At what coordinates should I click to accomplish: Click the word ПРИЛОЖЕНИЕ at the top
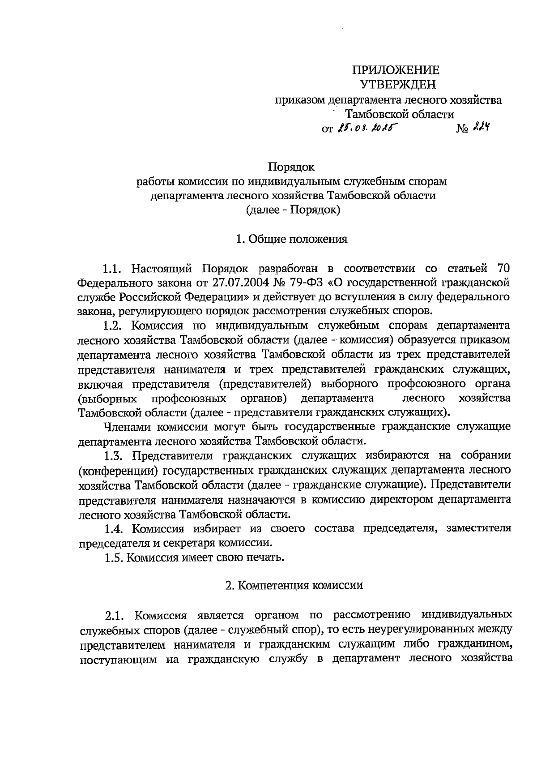396,70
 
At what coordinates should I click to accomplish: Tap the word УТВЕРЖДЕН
397,84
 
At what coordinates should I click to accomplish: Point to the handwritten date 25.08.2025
370,129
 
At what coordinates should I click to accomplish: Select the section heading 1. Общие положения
292,239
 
